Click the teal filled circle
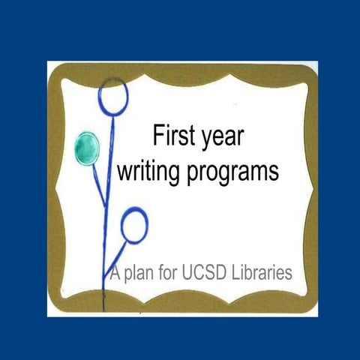[88, 147]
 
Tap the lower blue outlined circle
[134, 225]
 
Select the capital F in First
[158, 137]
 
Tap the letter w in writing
[127, 172]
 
